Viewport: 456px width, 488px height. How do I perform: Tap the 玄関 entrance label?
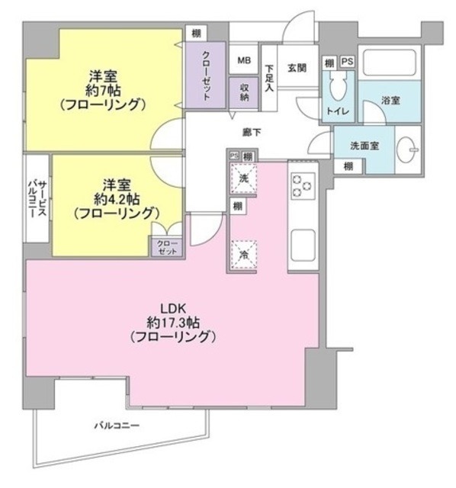pos(297,68)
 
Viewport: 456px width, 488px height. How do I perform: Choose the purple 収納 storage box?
pos(244,93)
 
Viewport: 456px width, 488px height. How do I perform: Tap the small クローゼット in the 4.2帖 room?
pos(165,246)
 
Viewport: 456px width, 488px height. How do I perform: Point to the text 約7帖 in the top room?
pos(106,88)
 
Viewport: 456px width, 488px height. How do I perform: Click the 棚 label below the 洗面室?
pos(348,166)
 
